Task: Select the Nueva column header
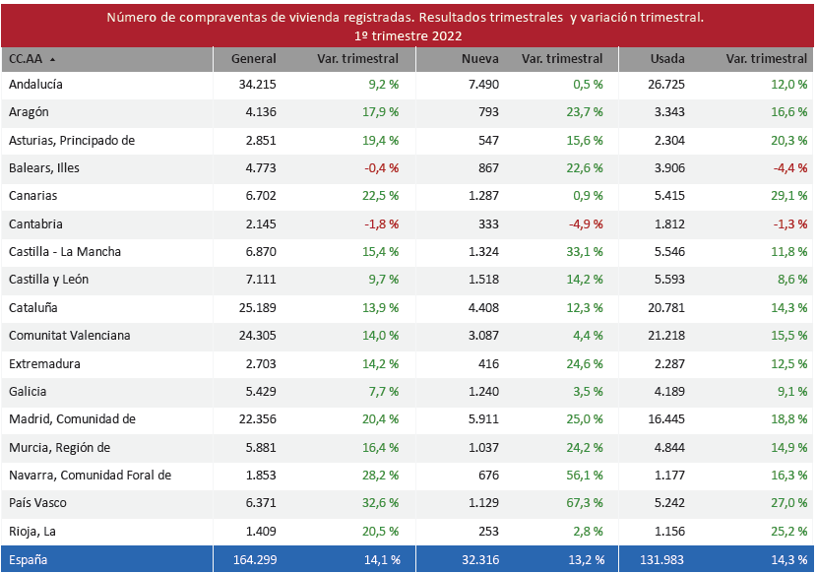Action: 480,59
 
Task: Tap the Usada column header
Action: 667,59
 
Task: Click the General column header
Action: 253,59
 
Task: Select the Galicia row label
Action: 29,392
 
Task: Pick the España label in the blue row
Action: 29,560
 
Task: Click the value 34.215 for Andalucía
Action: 257,85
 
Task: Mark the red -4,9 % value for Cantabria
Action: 584,224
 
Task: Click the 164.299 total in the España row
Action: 253,560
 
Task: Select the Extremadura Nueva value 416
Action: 488,364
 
